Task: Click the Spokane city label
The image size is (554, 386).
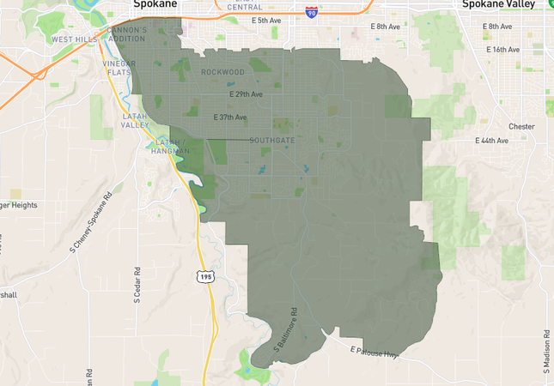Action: [155, 4]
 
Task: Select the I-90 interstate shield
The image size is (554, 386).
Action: [311, 12]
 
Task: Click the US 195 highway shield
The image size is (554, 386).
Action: [204, 276]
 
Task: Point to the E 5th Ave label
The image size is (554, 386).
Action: [266, 20]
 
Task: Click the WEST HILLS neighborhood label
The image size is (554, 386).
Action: [75, 39]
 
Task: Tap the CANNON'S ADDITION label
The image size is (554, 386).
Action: [127, 34]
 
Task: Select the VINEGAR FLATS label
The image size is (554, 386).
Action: [119, 68]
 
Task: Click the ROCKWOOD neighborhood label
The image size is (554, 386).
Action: [223, 72]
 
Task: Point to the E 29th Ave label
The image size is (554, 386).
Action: [246, 93]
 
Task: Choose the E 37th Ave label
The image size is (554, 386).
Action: [230, 117]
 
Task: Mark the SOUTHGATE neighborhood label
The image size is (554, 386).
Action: [272, 140]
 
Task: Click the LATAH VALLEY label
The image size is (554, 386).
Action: [135, 120]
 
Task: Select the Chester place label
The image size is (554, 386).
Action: [521, 126]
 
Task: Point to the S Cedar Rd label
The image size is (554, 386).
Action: [137, 285]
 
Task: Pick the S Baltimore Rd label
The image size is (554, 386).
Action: [285, 330]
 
